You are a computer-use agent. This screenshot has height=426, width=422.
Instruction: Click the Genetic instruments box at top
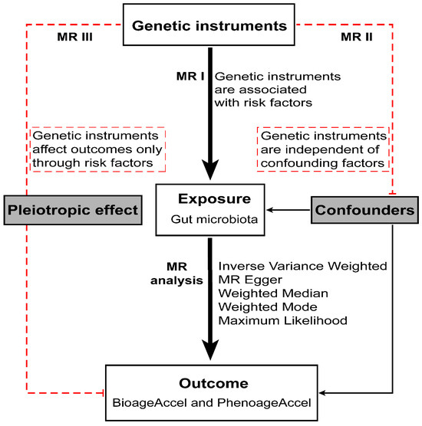(x=210, y=25)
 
